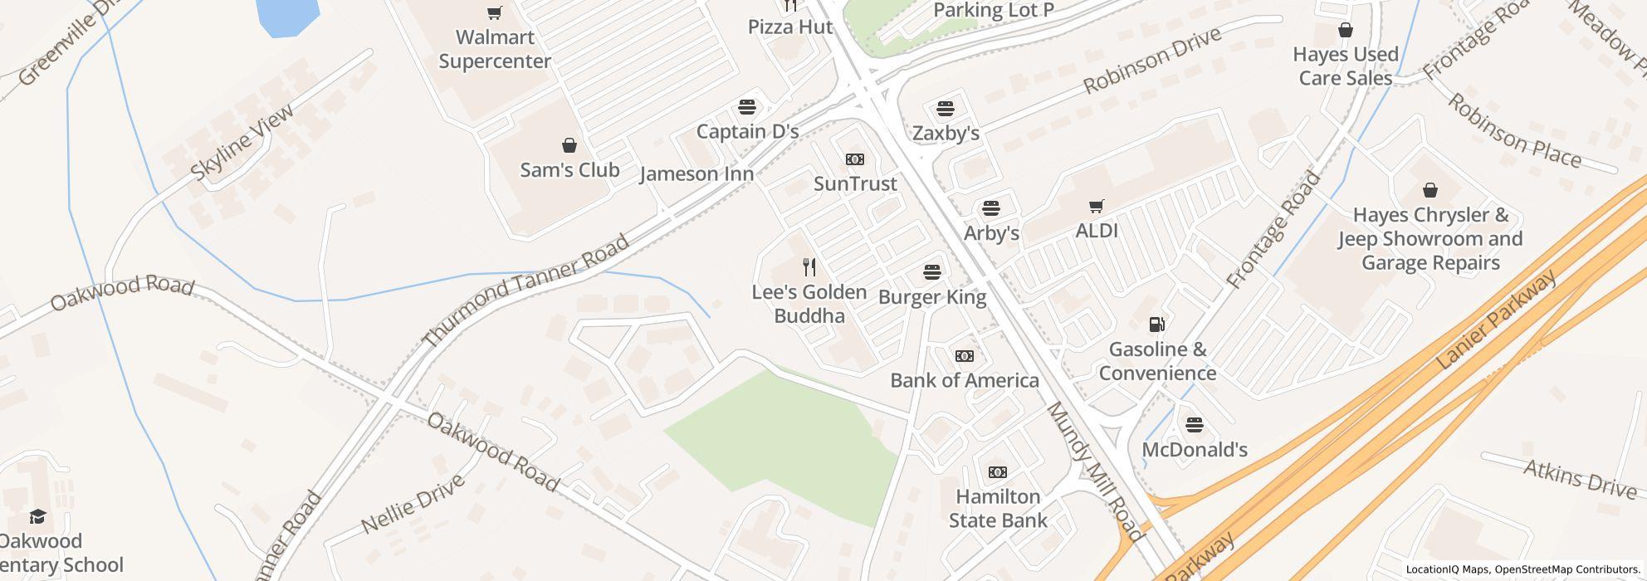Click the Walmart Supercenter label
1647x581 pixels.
(x=495, y=49)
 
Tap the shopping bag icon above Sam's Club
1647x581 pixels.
(x=569, y=146)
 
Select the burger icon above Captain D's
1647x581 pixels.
(x=747, y=107)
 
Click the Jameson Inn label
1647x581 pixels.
(x=696, y=173)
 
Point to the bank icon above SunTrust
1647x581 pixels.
(x=854, y=159)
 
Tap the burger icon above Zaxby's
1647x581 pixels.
(x=945, y=109)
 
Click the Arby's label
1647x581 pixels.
(x=991, y=233)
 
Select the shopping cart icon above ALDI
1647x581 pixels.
(x=1097, y=206)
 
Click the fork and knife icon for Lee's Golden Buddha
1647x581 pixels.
(x=809, y=267)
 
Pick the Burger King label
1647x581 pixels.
(x=932, y=297)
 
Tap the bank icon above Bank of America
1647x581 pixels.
(x=964, y=356)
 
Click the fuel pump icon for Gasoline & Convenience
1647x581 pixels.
(x=1157, y=325)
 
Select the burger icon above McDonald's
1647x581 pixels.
(x=1194, y=425)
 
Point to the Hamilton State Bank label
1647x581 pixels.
(x=998, y=508)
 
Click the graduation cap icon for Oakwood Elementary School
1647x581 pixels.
(x=37, y=517)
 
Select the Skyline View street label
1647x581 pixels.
(x=242, y=142)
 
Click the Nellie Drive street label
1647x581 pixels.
(x=413, y=505)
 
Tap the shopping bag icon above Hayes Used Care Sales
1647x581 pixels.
(x=1345, y=31)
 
